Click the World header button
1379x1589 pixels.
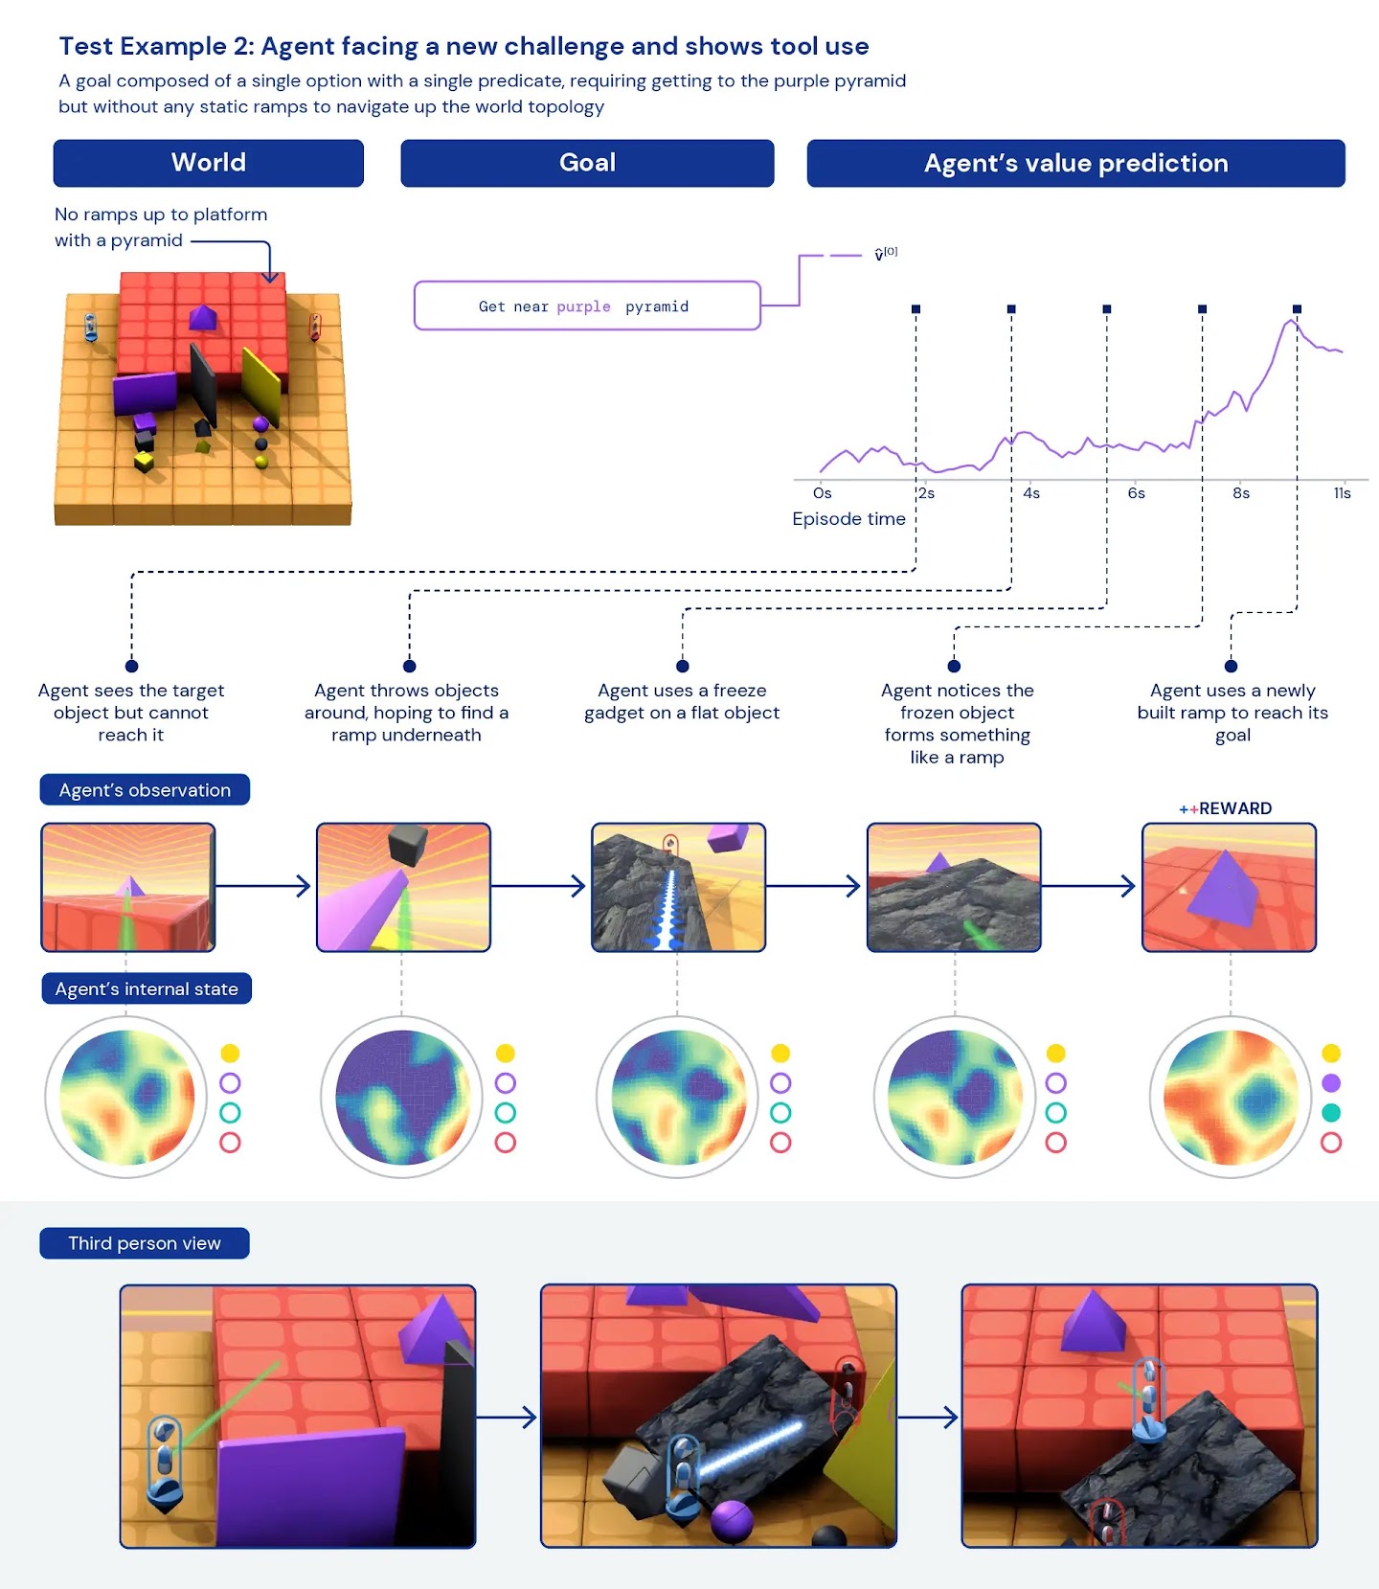[209, 163]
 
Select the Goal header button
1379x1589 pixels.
[587, 163]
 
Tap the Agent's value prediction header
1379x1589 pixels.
[1075, 163]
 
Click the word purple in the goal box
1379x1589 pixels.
[583, 306]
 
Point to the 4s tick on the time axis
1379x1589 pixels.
[1030, 493]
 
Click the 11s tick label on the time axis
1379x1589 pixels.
[1342, 493]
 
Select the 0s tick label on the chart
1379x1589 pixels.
[822, 493]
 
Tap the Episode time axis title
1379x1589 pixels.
[848, 519]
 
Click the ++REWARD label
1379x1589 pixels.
[1226, 808]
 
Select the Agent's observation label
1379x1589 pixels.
[145, 790]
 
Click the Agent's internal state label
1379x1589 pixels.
[147, 988]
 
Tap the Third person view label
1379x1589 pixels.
[145, 1243]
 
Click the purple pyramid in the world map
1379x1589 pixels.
[202, 318]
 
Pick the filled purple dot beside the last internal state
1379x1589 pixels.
[1331, 1083]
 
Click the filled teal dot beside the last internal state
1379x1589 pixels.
[1331, 1113]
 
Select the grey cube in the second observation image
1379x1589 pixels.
[407, 845]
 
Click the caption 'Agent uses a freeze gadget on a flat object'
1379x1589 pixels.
[682, 701]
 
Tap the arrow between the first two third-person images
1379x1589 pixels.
[507, 1418]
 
